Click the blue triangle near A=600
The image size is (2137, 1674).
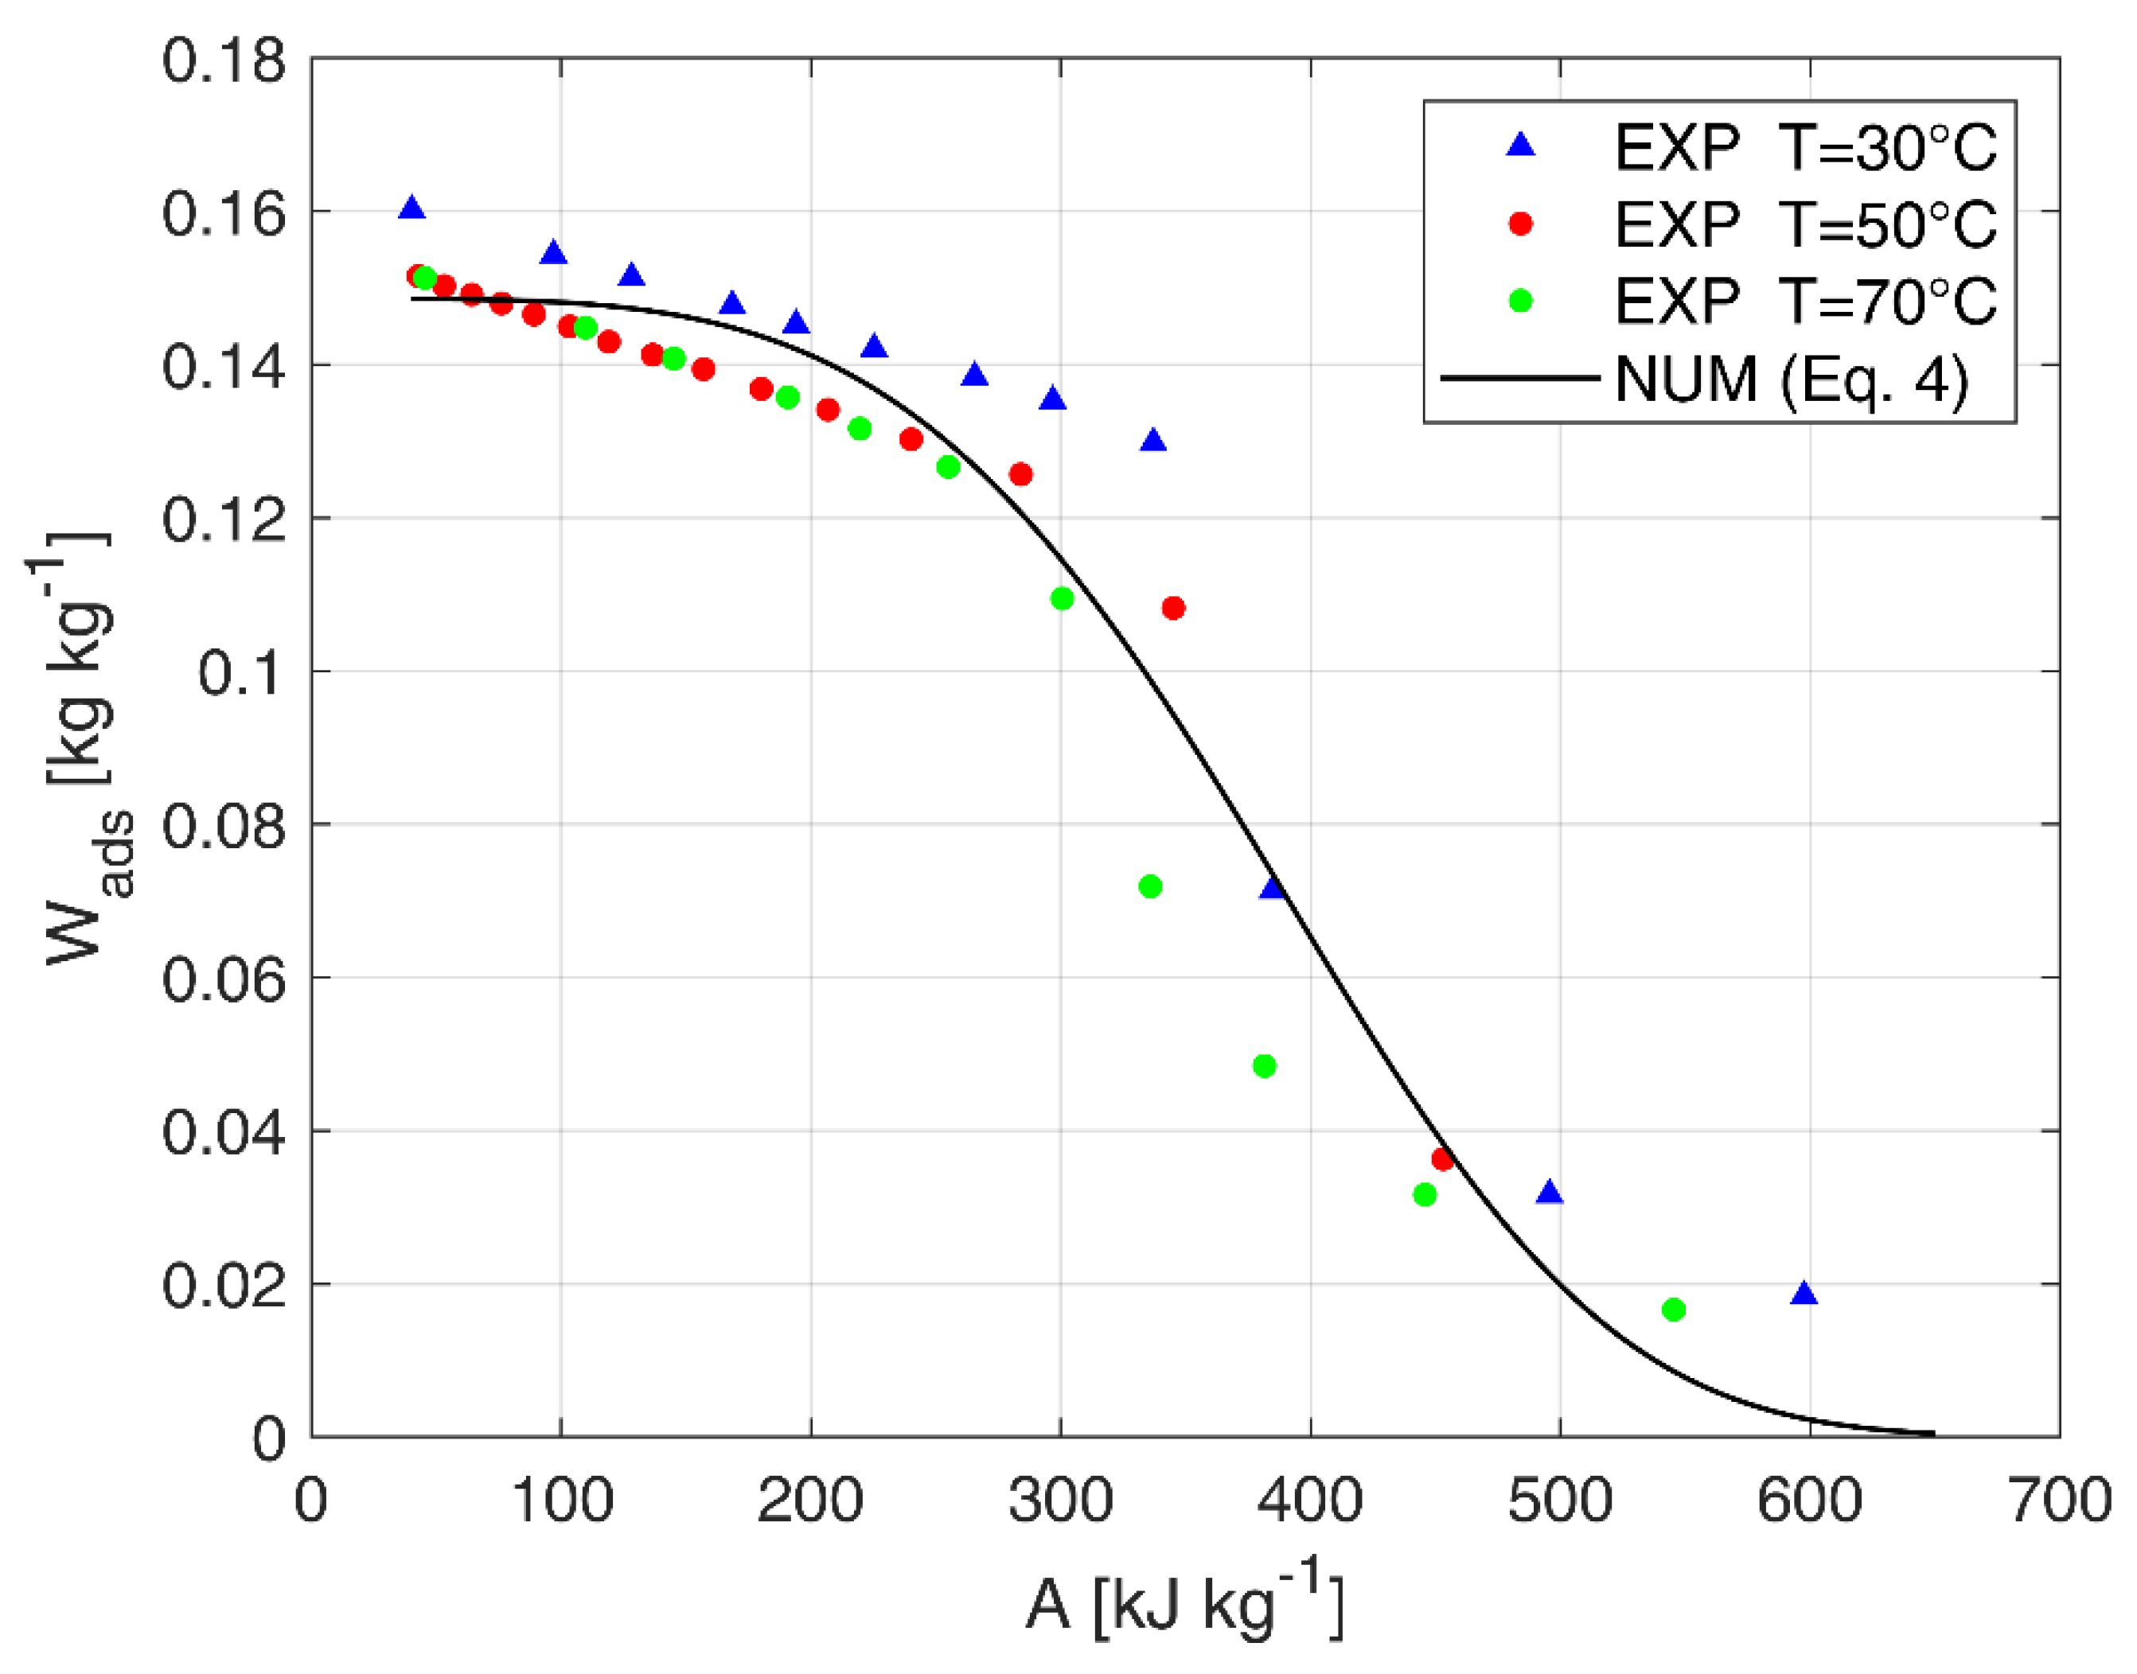click(x=1804, y=1294)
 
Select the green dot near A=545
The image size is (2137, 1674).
click(x=1673, y=1310)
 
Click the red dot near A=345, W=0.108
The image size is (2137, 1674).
click(x=1172, y=609)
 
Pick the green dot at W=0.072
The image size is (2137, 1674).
click(x=1150, y=886)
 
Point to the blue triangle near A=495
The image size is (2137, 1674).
click(x=1549, y=1193)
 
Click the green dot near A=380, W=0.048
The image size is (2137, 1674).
click(x=1264, y=1065)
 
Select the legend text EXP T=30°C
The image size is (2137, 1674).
click(x=1804, y=149)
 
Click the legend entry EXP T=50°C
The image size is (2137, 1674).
click(x=1804, y=224)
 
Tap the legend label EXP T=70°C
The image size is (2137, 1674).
click(x=1804, y=301)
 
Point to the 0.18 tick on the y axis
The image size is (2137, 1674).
click(x=224, y=60)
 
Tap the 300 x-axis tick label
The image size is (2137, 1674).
click(x=1061, y=1501)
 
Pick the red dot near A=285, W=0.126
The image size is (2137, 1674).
click(x=1020, y=474)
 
